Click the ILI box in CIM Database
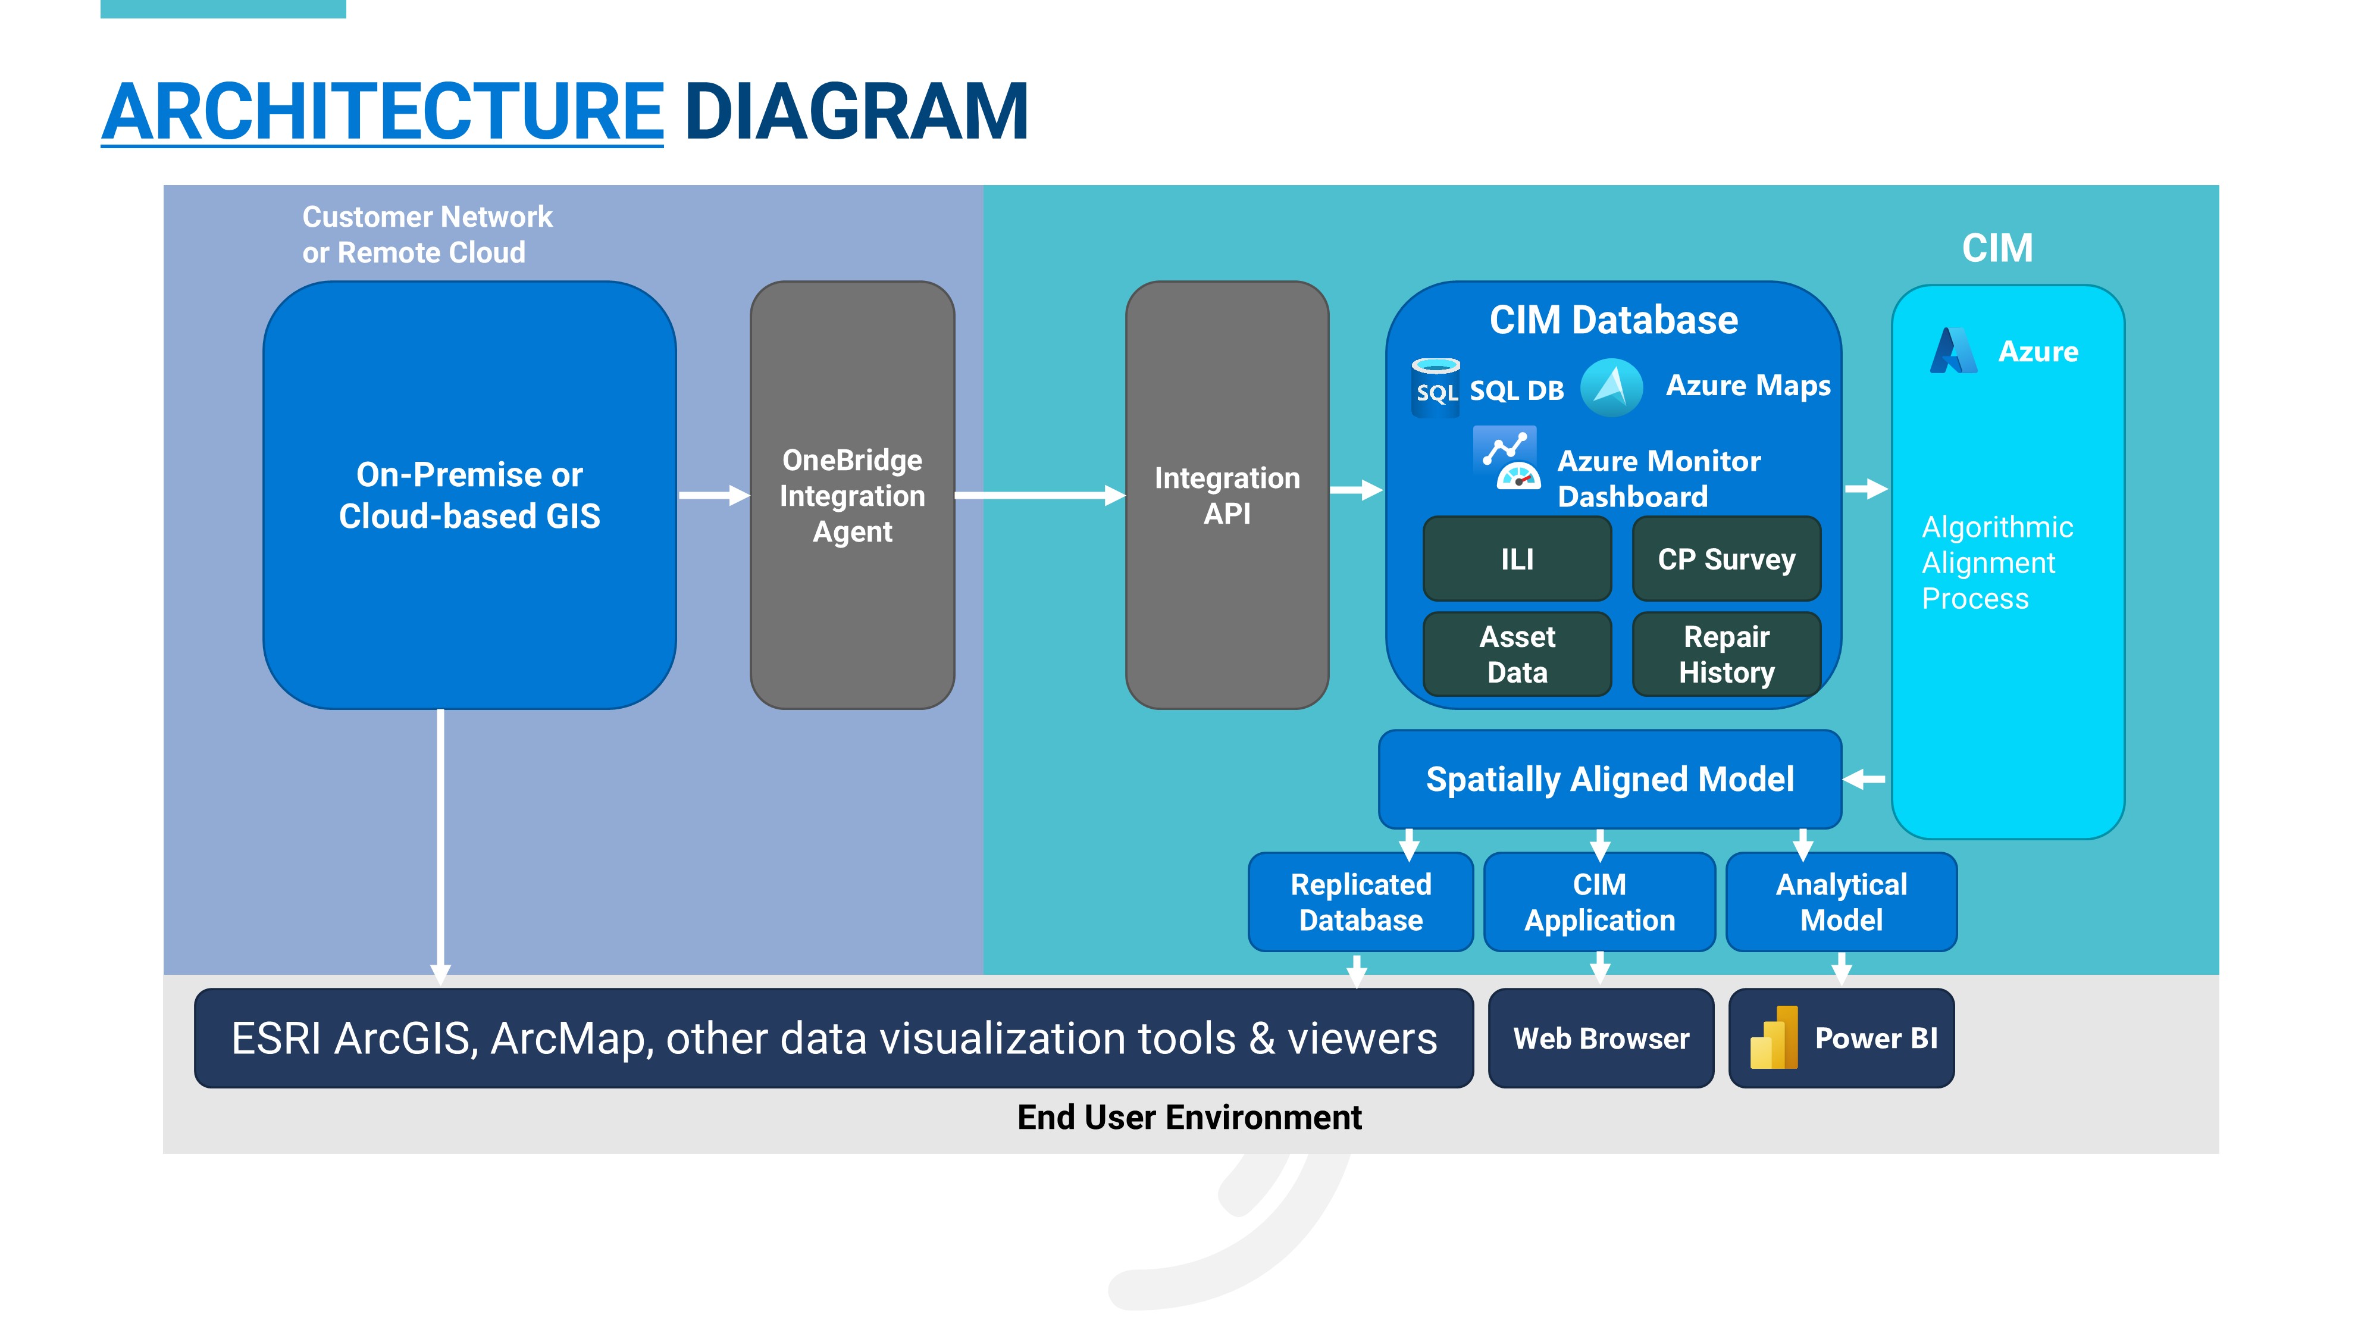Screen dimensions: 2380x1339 pos(1517,558)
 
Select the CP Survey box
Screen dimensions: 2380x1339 pos(1726,558)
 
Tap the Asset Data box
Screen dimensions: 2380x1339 pos(1517,653)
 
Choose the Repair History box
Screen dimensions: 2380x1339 pos(1726,653)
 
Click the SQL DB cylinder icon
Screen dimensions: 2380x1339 pos(1436,388)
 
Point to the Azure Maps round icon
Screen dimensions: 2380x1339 pos(1611,387)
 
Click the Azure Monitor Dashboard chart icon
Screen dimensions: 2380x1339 pos(1506,458)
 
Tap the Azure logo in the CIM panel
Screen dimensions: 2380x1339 pos(1954,351)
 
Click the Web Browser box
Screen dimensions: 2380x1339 pos(1601,1038)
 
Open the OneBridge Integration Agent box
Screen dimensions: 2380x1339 pos(852,495)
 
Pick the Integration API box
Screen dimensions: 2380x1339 pos(1227,495)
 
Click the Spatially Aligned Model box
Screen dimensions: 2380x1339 pos(1609,779)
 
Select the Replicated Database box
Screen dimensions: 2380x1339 pos(1361,902)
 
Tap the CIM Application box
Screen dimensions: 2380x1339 pos(1599,902)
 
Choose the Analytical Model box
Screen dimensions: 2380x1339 pos(1842,902)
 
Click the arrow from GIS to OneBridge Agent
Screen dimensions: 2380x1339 pos(714,495)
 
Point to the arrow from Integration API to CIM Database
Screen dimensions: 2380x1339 pos(1357,490)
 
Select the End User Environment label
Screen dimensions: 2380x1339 pos(1189,1117)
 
